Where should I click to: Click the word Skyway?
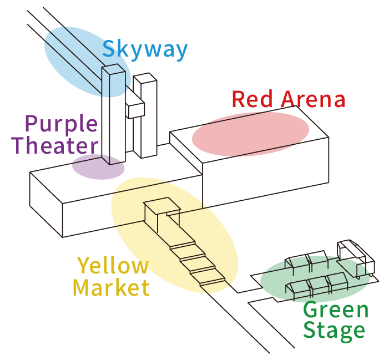coord(145,50)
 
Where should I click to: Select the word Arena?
coord(314,99)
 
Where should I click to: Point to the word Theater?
coord(54,146)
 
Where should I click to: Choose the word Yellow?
coord(113,267)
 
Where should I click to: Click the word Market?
coord(111,288)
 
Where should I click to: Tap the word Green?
coord(336,311)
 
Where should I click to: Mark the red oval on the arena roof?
coord(250,134)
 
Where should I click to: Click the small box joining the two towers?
coord(135,109)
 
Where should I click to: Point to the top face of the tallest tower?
coord(113,69)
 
